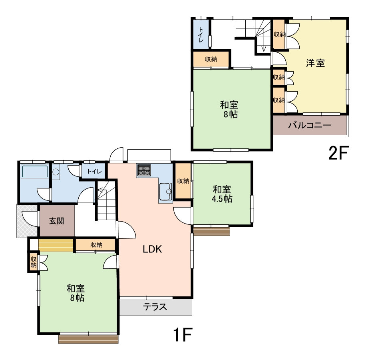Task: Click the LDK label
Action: [152, 249]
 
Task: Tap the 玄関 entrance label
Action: [57, 221]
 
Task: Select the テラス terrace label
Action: [155, 306]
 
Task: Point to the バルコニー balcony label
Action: [310, 126]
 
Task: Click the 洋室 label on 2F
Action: [315, 63]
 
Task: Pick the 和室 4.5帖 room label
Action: [222, 194]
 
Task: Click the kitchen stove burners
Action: [144, 170]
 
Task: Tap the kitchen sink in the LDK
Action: [166, 192]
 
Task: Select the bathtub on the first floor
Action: [35, 172]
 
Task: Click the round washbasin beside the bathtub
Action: [56, 172]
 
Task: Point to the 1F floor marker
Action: [182, 334]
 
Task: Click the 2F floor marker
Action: [338, 153]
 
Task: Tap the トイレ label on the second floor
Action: [201, 34]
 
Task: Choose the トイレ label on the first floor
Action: [95, 172]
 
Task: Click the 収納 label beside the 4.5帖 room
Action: [183, 181]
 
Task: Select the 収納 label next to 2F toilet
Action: [211, 59]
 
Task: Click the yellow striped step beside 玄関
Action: [56, 245]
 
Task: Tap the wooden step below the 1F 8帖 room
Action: [88, 339]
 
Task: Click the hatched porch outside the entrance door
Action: [27, 221]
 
